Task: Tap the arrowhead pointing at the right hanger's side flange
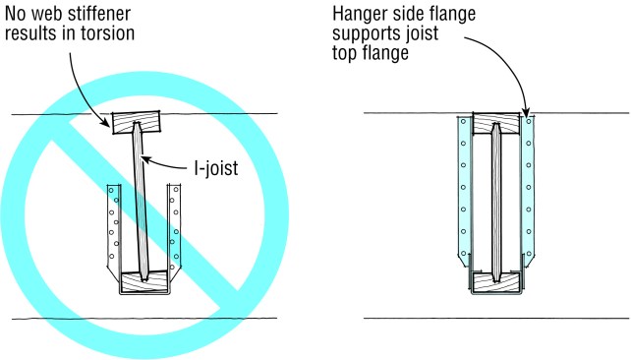pos(528,112)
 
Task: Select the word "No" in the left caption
pos(18,13)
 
